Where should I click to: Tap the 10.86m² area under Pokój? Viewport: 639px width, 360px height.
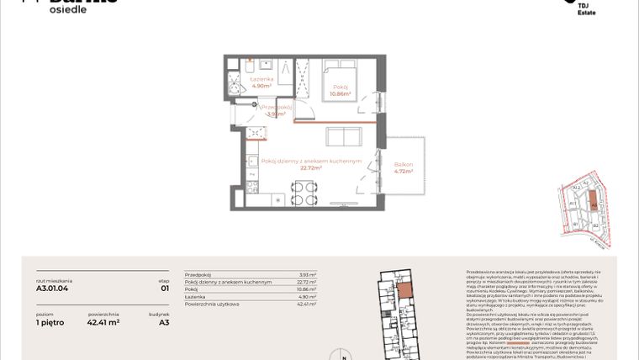tap(341, 94)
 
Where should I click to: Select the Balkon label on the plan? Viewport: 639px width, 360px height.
tap(404, 164)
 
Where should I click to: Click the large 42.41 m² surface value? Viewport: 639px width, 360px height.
tap(103, 321)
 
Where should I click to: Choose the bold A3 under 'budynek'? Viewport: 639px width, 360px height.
tap(164, 321)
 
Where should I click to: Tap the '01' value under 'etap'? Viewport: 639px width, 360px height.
tap(164, 289)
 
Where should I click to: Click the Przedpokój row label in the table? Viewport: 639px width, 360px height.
tap(196, 275)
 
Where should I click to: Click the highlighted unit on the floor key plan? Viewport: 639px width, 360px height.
tap(405, 292)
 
